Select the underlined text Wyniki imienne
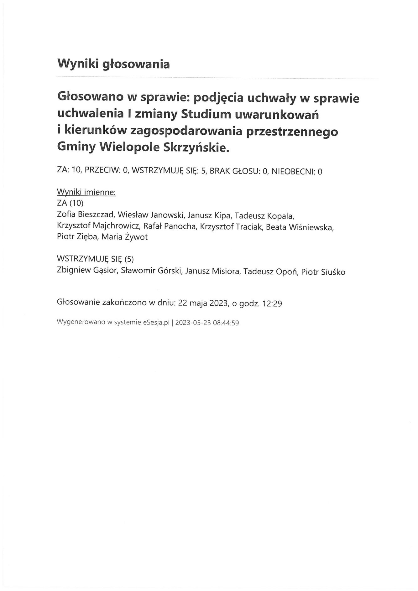pos(86,192)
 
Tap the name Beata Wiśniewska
pos(300,227)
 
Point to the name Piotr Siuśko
pos(323,272)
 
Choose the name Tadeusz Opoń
pos(270,271)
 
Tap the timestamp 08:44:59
pos(226,323)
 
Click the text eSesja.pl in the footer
pos(156,323)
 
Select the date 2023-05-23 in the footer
pos(193,323)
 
